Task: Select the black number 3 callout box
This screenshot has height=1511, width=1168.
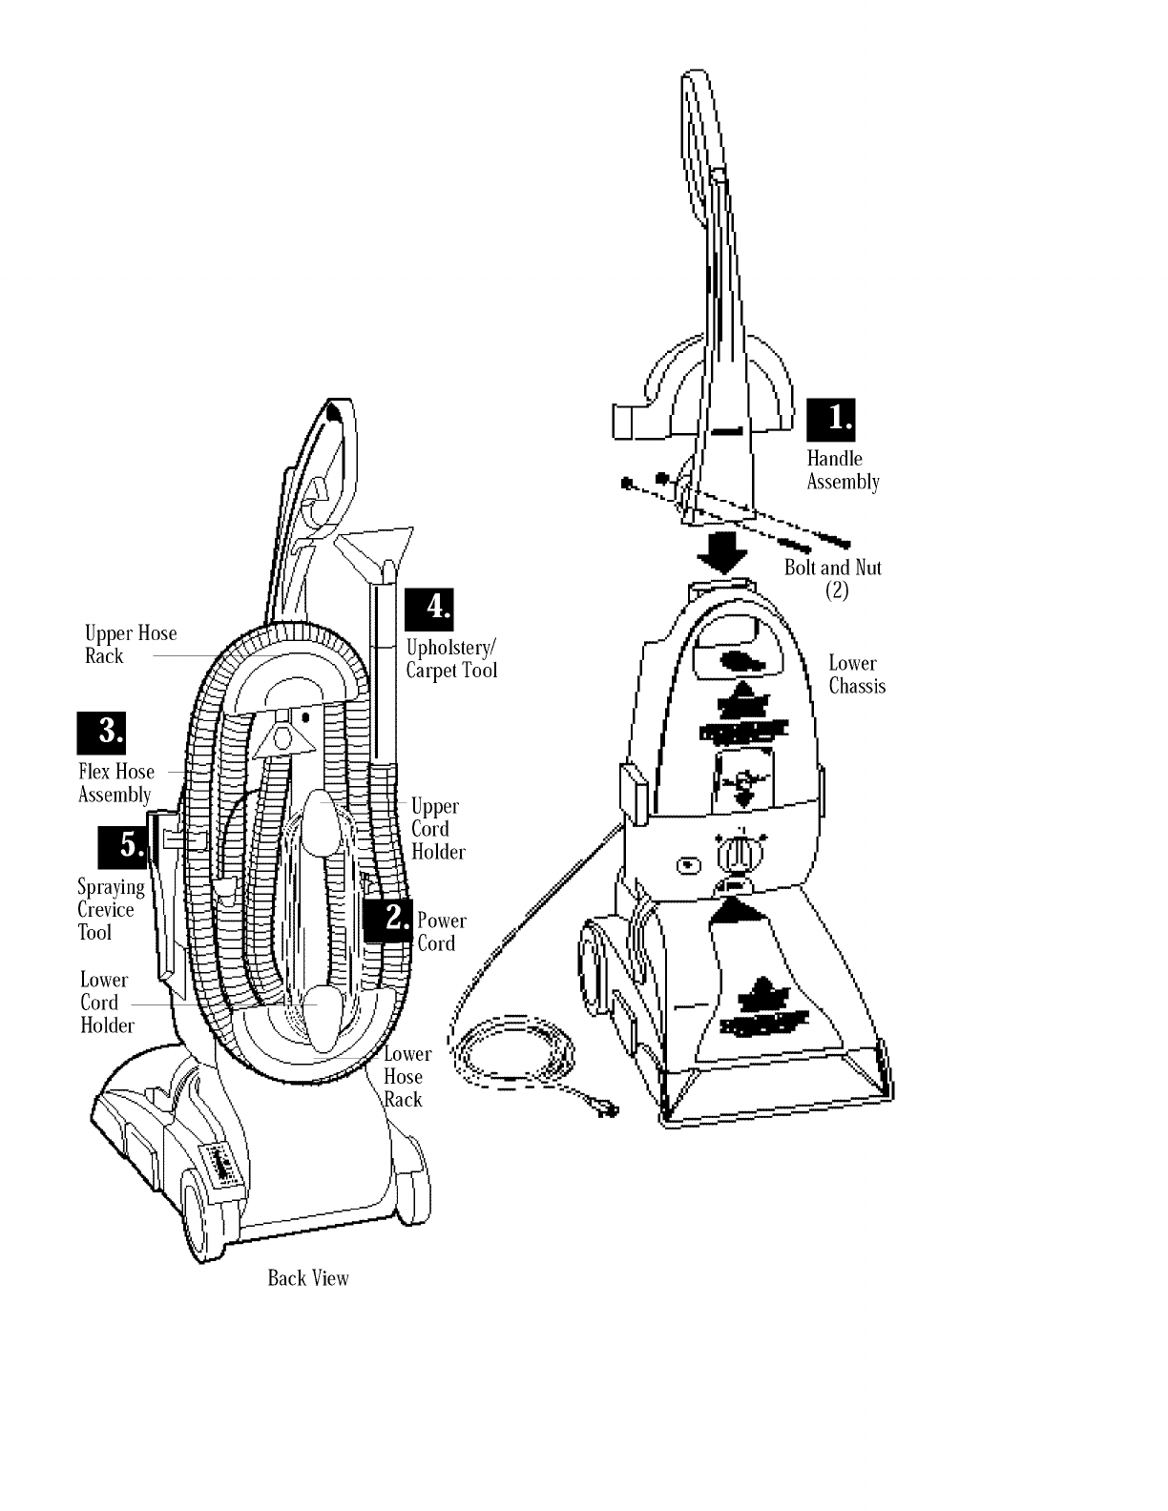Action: (x=101, y=733)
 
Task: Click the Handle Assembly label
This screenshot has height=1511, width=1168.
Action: (x=843, y=470)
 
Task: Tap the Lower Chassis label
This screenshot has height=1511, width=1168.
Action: (x=857, y=674)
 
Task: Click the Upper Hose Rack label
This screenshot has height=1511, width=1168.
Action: (x=131, y=645)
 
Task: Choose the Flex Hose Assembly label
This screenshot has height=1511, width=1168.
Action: (x=115, y=783)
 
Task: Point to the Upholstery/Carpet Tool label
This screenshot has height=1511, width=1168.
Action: (x=451, y=658)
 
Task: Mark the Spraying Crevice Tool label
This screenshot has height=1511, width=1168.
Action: (x=110, y=910)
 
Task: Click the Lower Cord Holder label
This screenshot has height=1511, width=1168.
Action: (x=106, y=1003)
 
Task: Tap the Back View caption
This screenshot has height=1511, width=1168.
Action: (x=308, y=1278)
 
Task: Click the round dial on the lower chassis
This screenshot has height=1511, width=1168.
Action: (x=734, y=852)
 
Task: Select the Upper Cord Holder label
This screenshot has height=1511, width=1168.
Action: (x=437, y=829)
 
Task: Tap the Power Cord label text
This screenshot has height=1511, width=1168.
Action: (x=442, y=932)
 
